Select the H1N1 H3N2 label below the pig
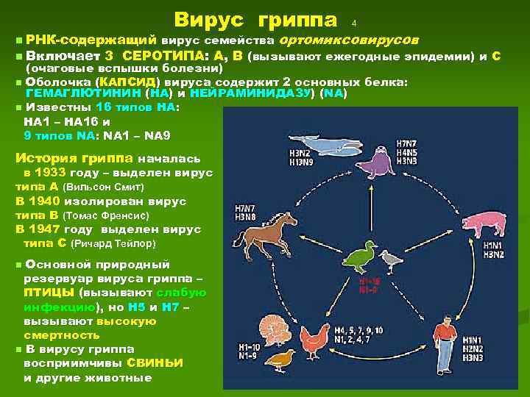494,250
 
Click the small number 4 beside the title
354,22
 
